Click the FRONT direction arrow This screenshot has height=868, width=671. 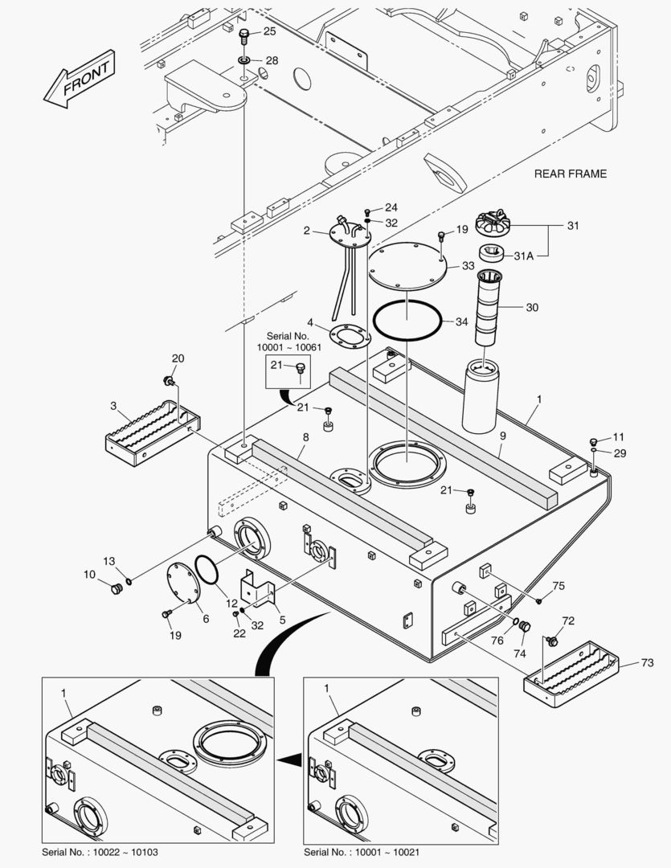pyautogui.click(x=79, y=79)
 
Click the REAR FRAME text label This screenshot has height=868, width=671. pyautogui.click(x=570, y=174)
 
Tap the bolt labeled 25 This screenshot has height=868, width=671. pyautogui.click(x=243, y=35)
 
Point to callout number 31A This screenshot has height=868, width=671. pyautogui.click(x=522, y=256)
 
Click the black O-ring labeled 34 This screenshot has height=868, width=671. pyautogui.click(x=407, y=321)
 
